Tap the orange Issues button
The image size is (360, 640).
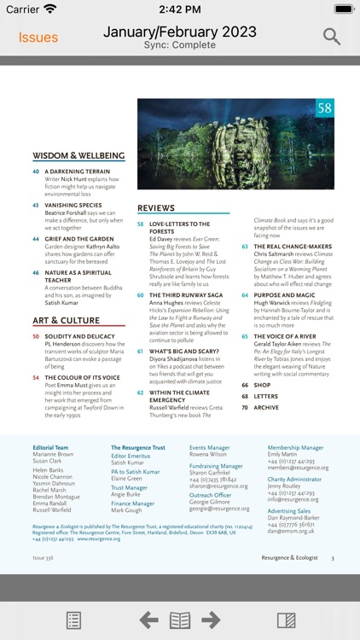(x=38, y=38)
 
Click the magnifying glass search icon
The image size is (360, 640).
(x=331, y=37)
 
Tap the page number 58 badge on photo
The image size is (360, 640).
(x=324, y=108)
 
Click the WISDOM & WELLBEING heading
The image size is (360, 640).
(x=78, y=156)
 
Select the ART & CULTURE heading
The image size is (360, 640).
(x=67, y=321)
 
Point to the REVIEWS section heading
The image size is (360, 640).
(x=156, y=208)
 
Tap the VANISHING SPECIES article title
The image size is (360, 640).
(x=73, y=206)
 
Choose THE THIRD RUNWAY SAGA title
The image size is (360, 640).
(x=182, y=295)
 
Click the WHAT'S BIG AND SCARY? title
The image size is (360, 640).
(x=183, y=351)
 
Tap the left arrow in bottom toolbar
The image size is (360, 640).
(x=148, y=620)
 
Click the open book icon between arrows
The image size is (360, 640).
(x=180, y=620)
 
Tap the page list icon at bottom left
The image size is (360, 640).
(x=73, y=620)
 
